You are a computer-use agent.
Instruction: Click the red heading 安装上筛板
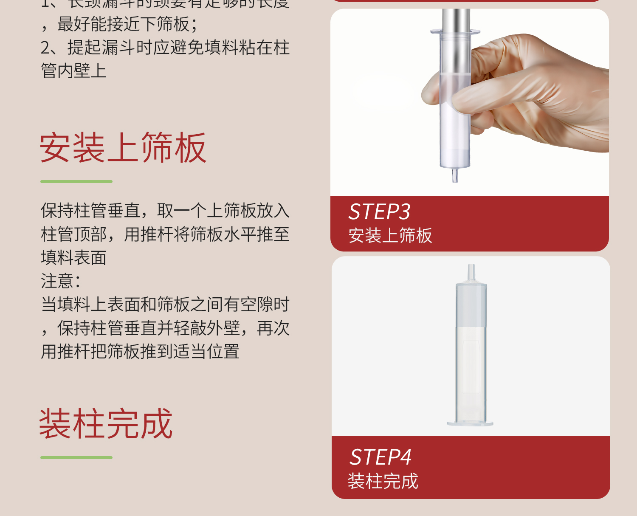pos(123,148)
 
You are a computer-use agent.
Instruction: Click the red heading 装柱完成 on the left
pos(106,424)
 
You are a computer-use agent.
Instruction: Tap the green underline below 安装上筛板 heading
pos(76,181)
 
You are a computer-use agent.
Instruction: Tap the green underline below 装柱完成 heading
pos(76,457)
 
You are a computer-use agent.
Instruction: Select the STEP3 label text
pos(379,211)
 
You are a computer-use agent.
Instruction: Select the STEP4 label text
pos(381,457)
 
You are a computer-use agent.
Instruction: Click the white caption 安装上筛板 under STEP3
pos(390,236)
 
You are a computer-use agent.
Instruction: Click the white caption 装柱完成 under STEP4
pos(383,481)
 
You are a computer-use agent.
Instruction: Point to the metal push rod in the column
pos(456,38)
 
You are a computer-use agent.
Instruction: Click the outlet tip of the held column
pos(455,175)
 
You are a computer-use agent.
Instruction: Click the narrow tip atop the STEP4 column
pos(471,272)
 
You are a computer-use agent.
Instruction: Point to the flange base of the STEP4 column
pos(470,423)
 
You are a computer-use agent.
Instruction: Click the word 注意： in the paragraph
pos(60,281)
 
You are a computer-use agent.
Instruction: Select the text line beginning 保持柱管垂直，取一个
pos(165,211)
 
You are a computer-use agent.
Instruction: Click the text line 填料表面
pos(73,258)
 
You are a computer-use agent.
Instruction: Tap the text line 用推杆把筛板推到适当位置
pos(140,352)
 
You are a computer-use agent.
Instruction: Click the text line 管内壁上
pos(73,71)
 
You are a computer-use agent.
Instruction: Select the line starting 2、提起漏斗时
pos(165,48)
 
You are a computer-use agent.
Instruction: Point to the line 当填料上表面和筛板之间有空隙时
pos(165,305)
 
